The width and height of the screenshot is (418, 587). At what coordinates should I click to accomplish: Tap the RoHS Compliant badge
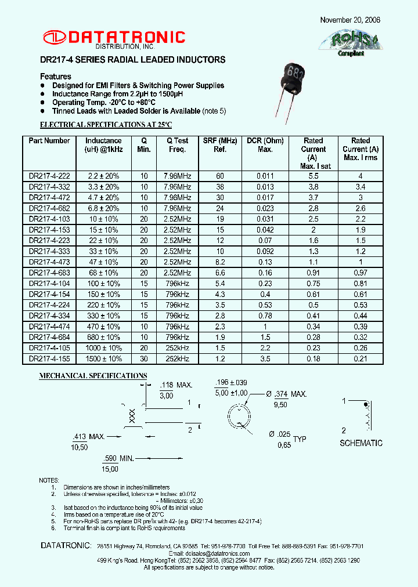(349, 43)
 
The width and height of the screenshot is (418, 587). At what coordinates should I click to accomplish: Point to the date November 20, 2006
(350, 20)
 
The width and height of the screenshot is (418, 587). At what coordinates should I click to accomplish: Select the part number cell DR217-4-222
(49, 176)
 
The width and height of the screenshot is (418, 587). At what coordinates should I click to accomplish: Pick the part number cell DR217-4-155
(49, 358)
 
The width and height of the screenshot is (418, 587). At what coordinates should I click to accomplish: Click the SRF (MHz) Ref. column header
(220, 145)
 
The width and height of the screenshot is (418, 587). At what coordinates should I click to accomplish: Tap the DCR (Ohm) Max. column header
(265, 145)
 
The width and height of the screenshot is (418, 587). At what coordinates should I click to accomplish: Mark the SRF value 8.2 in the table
(220, 262)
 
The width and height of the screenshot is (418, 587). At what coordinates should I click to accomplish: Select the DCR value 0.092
(265, 251)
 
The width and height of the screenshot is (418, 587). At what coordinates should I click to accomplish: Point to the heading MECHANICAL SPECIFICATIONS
(93, 376)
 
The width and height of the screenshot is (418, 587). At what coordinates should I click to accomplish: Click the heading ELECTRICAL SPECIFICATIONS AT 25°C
(106, 125)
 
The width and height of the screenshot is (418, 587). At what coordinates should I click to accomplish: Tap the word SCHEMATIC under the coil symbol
(361, 443)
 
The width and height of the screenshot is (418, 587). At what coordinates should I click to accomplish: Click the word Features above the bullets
(56, 77)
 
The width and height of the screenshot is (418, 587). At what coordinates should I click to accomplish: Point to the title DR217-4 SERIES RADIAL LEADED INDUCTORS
(132, 60)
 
